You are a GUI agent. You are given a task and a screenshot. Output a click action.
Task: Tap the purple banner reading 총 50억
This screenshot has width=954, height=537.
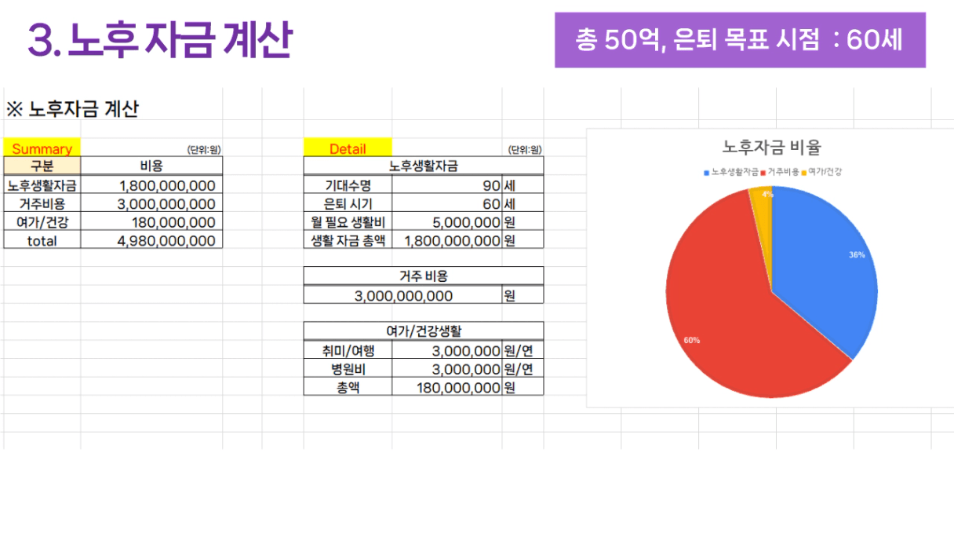click(x=739, y=40)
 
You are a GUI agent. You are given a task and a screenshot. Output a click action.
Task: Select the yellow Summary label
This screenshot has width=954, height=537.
click(x=42, y=148)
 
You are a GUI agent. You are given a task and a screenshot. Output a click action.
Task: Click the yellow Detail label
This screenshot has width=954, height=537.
click(x=348, y=148)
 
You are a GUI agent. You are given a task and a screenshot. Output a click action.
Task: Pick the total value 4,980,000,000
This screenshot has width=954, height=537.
click(x=166, y=241)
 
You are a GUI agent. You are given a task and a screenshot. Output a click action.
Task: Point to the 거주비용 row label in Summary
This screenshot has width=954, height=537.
click(x=42, y=204)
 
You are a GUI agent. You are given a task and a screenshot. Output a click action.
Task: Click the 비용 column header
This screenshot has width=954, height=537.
click(x=151, y=166)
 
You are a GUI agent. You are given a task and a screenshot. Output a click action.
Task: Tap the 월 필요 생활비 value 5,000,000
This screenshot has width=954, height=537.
click(x=466, y=222)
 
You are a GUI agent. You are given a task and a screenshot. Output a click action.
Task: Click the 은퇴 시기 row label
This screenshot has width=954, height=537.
click(x=348, y=204)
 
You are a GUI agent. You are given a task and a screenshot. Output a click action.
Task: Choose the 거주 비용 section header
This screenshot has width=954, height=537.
click(x=423, y=276)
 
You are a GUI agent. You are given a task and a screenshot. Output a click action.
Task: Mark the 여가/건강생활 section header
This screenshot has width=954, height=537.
click(x=423, y=331)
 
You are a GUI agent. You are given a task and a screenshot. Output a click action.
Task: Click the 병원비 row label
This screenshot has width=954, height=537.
click(x=348, y=369)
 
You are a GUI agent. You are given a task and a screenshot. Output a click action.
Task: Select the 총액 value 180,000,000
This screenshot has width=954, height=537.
click(x=458, y=388)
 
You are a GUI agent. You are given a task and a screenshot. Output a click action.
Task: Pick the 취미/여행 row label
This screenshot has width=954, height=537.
click(x=348, y=351)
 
